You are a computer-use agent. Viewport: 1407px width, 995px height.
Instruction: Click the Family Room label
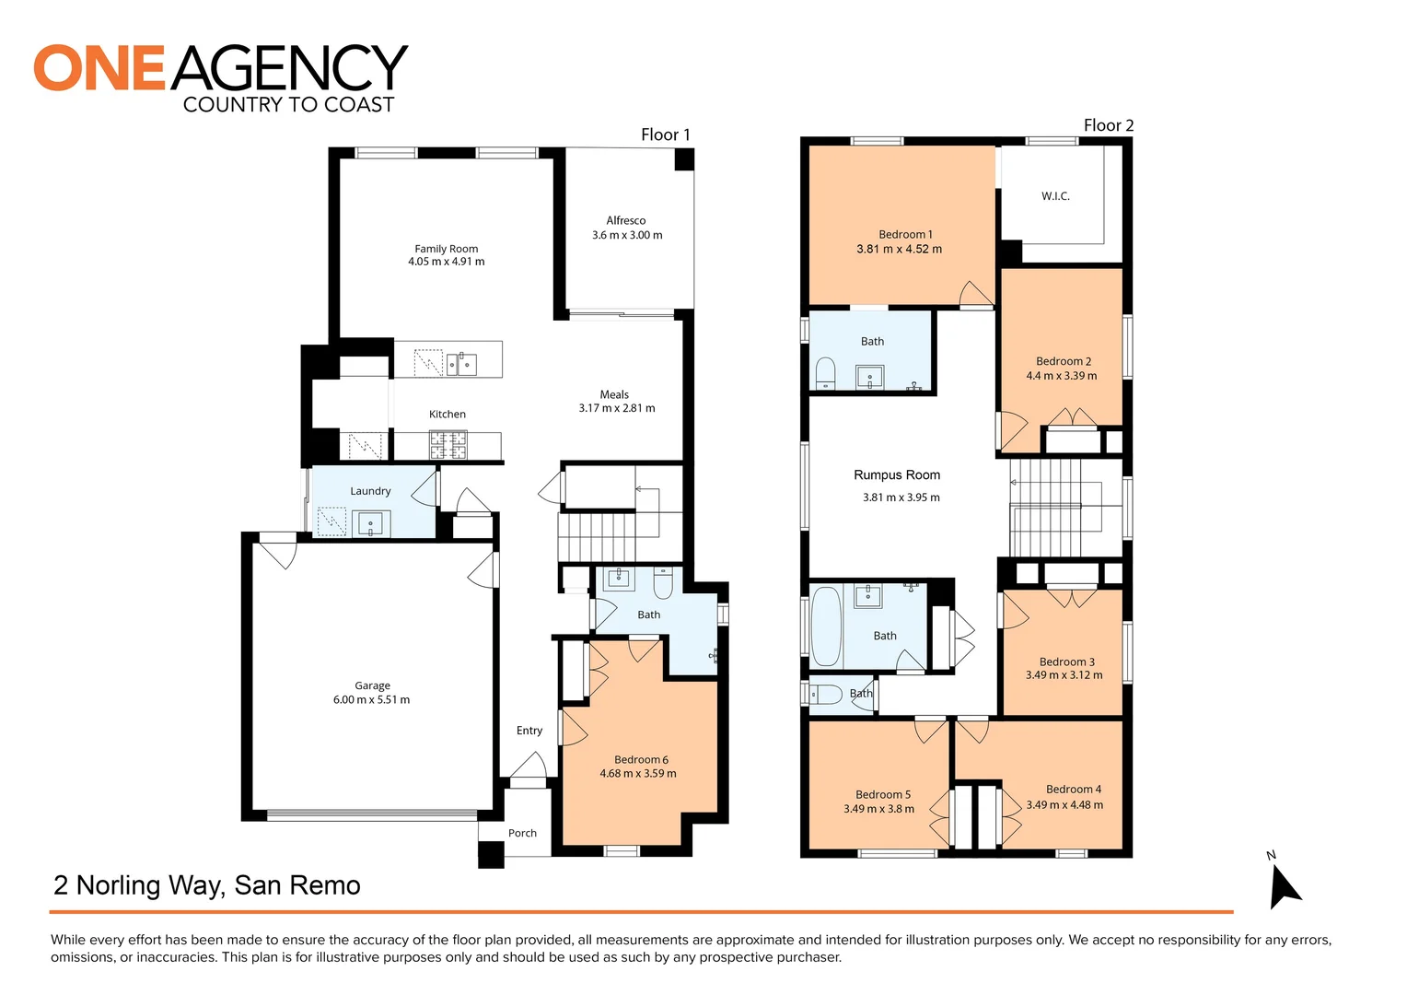pos(446,249)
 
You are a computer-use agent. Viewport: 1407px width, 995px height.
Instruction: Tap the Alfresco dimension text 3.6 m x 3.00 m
pos(627,236)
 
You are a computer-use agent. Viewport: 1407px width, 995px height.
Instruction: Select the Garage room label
pos(372,685)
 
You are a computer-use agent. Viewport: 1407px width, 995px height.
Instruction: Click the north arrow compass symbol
pos(1283,886)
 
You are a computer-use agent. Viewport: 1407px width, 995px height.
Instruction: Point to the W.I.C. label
pos(1055,196)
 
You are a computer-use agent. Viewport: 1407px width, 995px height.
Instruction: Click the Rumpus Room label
pos(897,475)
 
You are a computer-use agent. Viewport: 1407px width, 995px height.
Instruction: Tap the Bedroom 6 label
pos(641,760)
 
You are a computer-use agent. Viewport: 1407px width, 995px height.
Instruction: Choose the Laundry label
pos(370,491)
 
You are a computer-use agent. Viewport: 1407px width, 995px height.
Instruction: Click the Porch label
pos(522,833)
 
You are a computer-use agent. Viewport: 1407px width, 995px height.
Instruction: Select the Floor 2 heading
pos(1108,125)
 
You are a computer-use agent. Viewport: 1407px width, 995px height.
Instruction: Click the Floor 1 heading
pos(665,135)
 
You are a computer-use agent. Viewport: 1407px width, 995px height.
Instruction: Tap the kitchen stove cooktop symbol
pos(448,446)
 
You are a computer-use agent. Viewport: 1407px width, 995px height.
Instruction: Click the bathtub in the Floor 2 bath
pos(826,626)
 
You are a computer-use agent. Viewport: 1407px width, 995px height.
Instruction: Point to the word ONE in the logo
pos(99,68)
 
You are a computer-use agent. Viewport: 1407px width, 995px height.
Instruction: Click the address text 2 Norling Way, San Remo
pos(207,885)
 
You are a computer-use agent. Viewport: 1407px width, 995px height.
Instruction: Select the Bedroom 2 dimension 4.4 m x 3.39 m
pos(1062,376)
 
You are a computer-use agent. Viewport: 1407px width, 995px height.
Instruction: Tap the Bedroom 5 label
pos(882,795)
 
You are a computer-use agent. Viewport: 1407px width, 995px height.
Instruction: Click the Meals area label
pos(614,394)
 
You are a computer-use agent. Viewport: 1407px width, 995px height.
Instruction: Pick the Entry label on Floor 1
pos(529,731)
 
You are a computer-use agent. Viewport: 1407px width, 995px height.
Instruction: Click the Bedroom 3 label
pos(1066,661)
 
